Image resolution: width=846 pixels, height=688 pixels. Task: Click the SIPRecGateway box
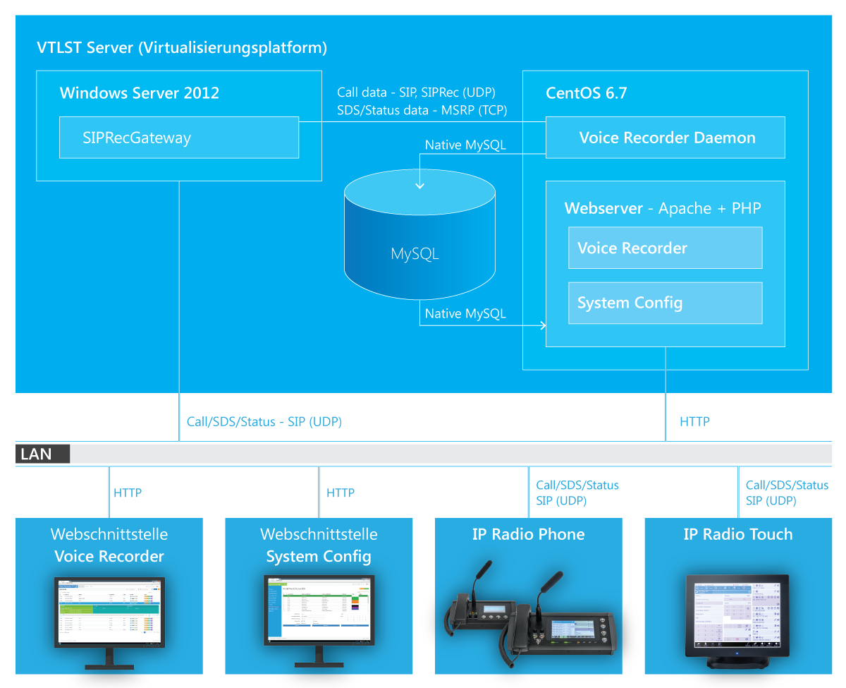(x=179, y=138)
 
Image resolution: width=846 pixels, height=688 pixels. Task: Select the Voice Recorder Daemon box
(x=666, y=138)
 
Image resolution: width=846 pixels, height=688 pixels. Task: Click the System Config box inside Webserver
(x=665, y=303)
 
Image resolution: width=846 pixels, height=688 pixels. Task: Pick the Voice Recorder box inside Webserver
(x=665, y=248)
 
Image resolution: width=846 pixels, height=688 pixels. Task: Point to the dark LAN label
(x=42, y=454)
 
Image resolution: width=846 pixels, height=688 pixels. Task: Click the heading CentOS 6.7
(x=586, y=92)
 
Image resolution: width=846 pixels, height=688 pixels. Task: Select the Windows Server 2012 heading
(x=139, y=92)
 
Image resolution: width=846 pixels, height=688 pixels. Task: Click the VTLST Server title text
(x=182, y=48)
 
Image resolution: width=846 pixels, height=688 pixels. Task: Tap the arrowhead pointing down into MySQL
(x=420, y=185)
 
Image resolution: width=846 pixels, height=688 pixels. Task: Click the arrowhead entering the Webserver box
(x=542, y=325)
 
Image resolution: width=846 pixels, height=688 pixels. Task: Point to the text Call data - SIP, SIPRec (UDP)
(x=416, y=92)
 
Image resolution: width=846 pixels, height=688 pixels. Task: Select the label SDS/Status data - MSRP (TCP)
(x=422, y=110)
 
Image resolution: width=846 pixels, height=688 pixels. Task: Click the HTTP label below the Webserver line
(x=694, y=422)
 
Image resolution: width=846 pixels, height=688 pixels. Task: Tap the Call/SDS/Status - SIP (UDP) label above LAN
(x=264, y=422)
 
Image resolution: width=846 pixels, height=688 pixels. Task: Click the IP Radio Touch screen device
(x=737, y=617)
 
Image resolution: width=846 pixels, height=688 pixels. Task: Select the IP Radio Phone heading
(x=528, y=534)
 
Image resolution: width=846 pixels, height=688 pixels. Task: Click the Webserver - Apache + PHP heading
(x=663, y=208)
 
